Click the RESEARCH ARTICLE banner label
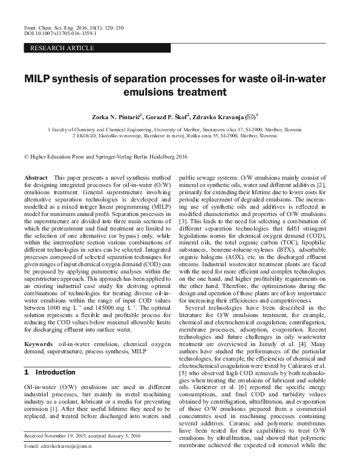coord(62,48)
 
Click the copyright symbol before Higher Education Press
coord(25,156)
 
